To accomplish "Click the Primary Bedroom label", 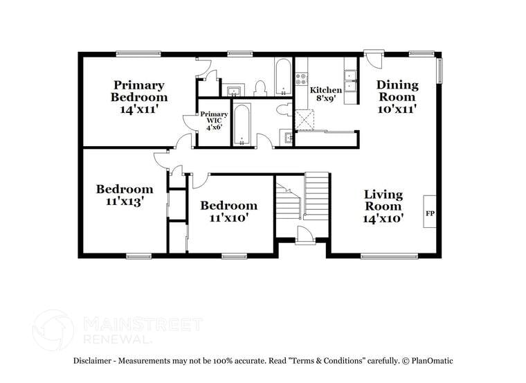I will point(139,91).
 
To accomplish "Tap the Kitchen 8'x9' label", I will point(325,95).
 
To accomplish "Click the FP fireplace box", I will point(430,213).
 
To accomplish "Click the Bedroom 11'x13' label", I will point(125,195).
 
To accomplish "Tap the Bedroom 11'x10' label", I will point(228,211).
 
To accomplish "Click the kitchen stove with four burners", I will point(301,79).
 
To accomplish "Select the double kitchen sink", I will point(351,82).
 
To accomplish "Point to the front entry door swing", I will point(305,234).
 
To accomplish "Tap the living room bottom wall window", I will point(389,256).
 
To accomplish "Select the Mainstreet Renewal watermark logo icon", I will point(53,330).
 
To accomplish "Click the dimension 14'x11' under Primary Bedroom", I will point(139,109).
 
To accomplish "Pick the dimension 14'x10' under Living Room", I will point(383,218).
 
